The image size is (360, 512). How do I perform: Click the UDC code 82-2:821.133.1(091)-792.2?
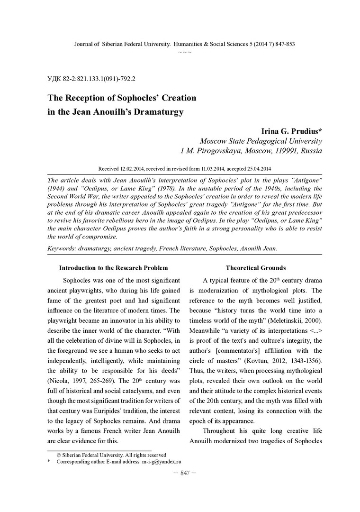pyautogui.click(x=92, y=78)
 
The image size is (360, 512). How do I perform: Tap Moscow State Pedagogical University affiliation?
pyautogui.click(x=261, y=141)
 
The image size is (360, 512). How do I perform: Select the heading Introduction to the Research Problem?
pyautogui.click(x=113, y=268)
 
